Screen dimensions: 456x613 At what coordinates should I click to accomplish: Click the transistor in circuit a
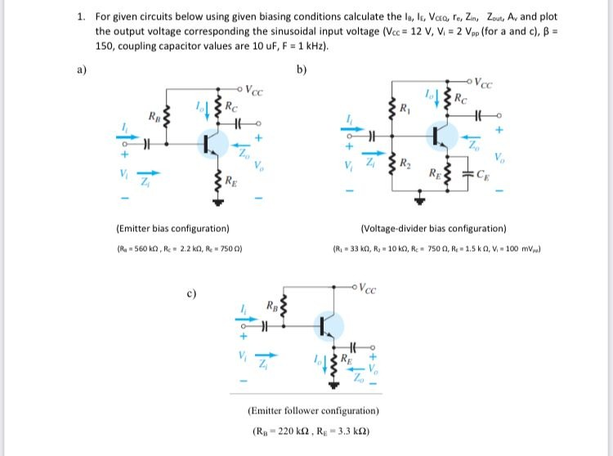coord(212,143)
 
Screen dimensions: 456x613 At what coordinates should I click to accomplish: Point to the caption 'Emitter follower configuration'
coord(313,411)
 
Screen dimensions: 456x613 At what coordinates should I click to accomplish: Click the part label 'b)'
coord(302,70)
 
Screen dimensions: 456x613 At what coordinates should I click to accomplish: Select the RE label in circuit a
coord(232,181)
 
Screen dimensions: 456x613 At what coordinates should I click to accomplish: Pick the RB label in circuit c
coord(273,307)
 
